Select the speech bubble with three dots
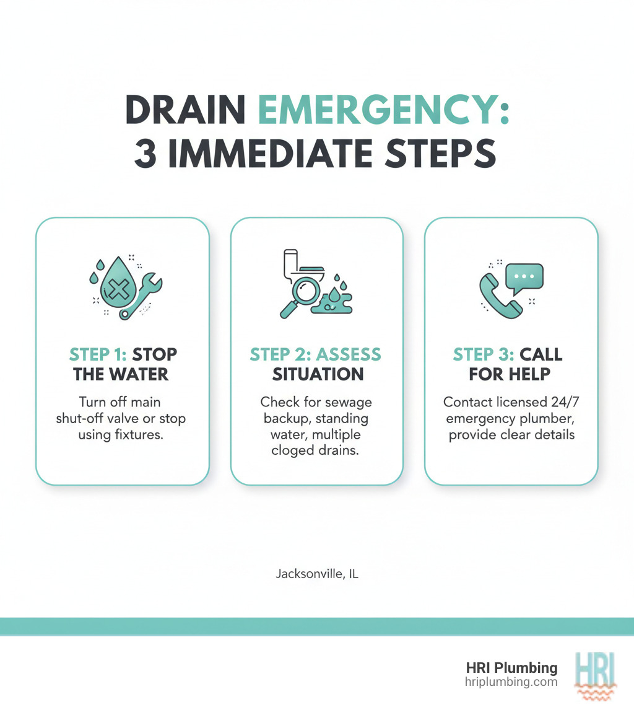(x=524, y=276)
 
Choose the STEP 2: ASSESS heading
(x=316, y=354)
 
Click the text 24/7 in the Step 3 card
(x=560, y=402)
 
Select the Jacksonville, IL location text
(x=316, y=574)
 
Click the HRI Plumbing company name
(x=511, y=668)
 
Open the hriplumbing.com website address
(x=511, y=682)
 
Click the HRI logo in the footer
(x=594, y=675)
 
